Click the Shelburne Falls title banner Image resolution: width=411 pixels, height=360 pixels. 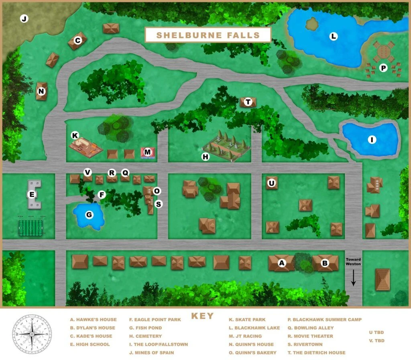[208, 35]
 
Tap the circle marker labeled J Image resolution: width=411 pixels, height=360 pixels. [24, 18]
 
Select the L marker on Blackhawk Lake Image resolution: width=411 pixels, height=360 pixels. [333, 37]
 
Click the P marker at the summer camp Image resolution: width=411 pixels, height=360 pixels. [383, 68]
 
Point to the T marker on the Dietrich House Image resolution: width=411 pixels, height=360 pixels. [248, 102]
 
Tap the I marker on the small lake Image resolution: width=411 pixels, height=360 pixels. [372, 140]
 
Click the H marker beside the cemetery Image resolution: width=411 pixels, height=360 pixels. [205, 157]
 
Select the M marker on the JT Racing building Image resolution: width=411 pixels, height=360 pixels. [148, 152]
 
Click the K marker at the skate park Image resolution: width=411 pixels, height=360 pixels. [74, 135]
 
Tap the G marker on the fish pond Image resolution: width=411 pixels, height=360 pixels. [89, 215]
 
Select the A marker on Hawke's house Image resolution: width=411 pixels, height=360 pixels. [282, 263]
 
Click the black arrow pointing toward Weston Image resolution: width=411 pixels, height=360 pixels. [354, 278]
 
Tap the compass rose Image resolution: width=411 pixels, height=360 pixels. [32, 333]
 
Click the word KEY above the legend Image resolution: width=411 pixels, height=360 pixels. [202, 316]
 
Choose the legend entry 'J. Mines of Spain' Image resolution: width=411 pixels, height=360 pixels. [151, 353]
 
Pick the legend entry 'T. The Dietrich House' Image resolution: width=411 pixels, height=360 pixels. [317, 353]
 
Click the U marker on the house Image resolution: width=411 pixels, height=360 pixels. [272, 183]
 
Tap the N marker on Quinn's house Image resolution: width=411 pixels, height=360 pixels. [41, 92]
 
